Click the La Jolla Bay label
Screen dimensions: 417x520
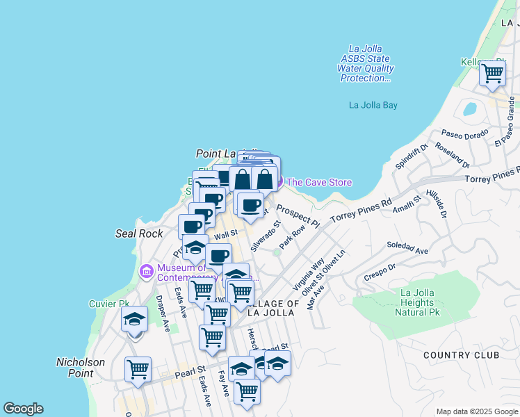(x=373, y=106)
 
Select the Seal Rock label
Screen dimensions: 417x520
(x=139, y=234)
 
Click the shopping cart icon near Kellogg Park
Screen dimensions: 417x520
(x=493, y=72)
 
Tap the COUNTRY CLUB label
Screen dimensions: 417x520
(x=461, y=355)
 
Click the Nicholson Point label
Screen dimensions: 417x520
(x=80, y=368)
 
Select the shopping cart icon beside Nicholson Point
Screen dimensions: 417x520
(x=138, y=368)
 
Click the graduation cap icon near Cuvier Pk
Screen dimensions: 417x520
(x=135, y=319)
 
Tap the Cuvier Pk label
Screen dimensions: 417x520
(x=109, y=304)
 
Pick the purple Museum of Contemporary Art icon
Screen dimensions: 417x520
(x=146, y=270)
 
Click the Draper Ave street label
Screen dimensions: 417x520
(x=162, y=312)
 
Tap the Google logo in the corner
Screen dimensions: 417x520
(x=23, y=409)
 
